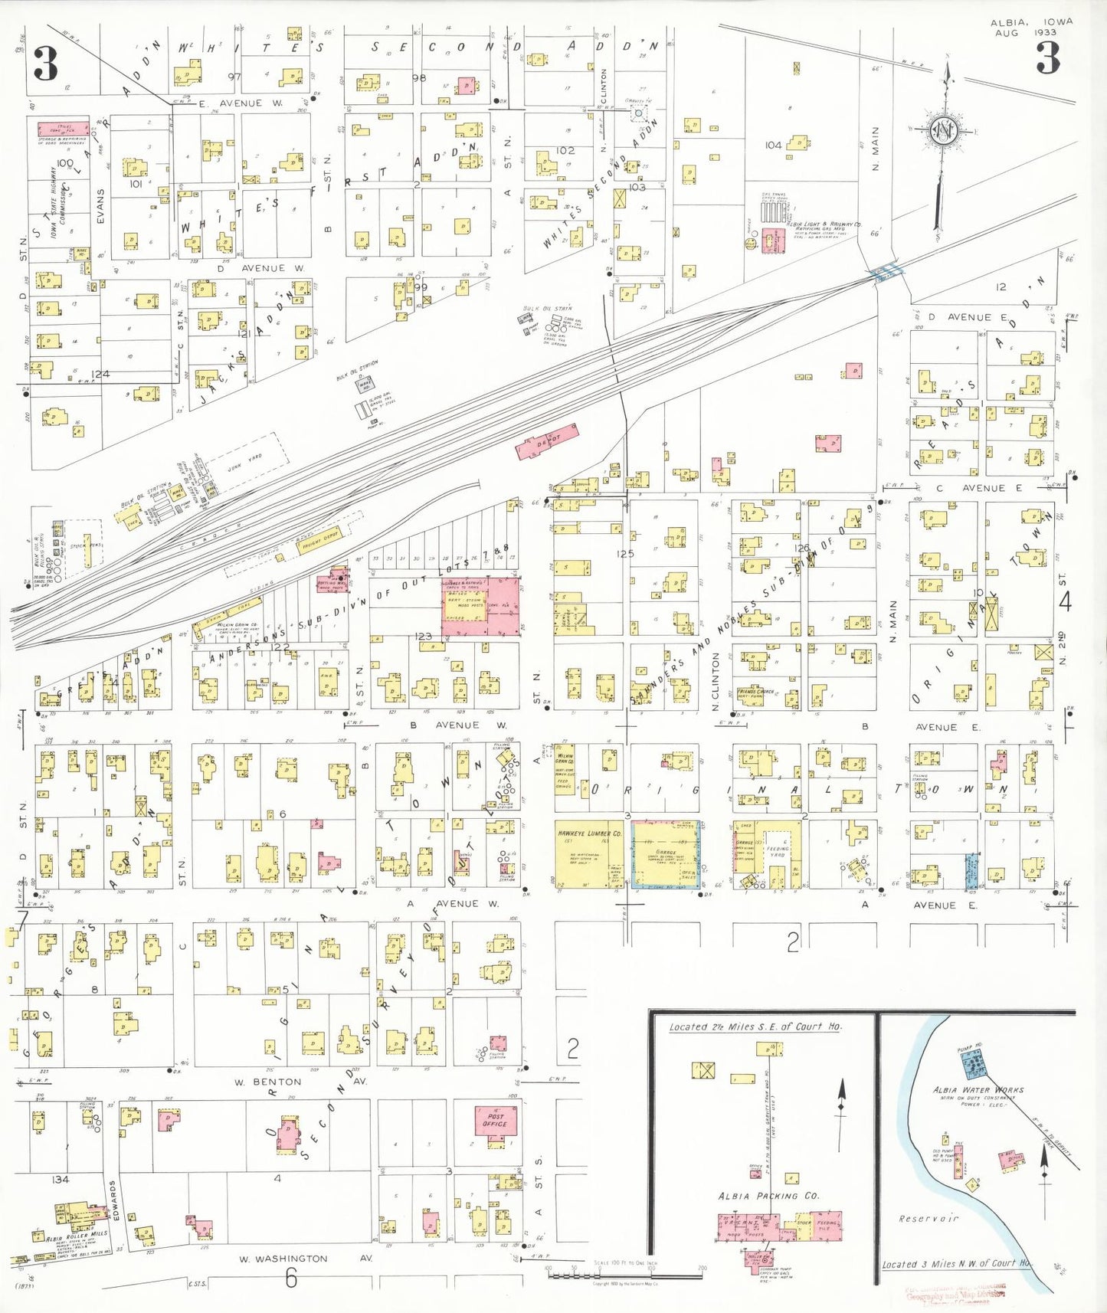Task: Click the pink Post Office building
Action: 495,1121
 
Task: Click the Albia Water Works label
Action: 978,1089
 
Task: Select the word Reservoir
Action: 928,1217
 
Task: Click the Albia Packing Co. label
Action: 768,1196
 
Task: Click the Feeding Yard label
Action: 778,852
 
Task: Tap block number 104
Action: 773,145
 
